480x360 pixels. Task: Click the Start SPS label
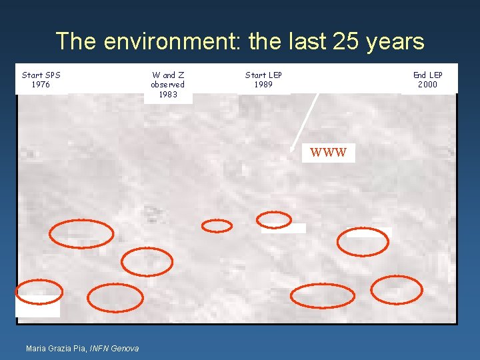pos(41,75)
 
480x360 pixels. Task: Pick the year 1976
pos(41,85)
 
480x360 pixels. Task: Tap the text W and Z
pos(168,75)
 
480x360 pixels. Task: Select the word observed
pos(168,85)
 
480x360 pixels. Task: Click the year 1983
pos(168,95)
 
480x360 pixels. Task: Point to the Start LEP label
pos(263,75)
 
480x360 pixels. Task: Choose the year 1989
pos(263,85)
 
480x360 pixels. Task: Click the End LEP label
pos(427,75)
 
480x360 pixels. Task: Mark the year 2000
pos(427,85)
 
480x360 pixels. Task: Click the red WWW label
pos(329,153)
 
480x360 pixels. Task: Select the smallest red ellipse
pos(217,226)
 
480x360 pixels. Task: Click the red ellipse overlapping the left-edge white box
pos(39,292)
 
